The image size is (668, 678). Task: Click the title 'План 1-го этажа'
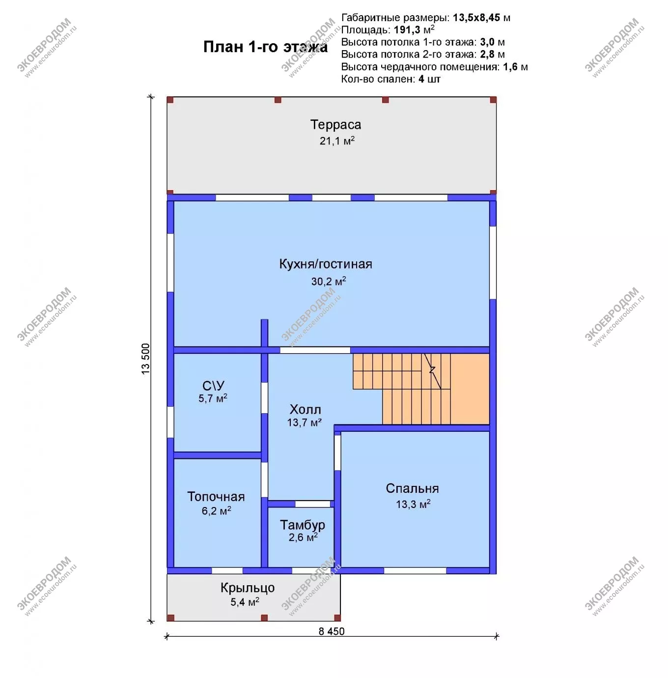(266, 47)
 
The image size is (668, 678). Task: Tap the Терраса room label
(335, 125)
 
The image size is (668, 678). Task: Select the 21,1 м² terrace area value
(337, 141)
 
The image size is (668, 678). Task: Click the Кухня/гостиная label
(326, 264)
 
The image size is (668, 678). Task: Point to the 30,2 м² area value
(329, 281)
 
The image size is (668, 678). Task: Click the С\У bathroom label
(213, 386)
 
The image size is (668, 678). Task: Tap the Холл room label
(306, 410)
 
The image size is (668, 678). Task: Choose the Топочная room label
(216, 496)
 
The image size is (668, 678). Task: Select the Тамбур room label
(303, 525)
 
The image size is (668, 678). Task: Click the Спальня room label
(412, 488)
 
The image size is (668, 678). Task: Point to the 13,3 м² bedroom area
(413, 504)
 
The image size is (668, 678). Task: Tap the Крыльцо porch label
(248, 588)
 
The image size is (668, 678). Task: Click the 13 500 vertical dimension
(145, 359)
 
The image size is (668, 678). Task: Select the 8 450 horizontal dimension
(332, 631)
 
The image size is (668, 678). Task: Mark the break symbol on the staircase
(432, 370)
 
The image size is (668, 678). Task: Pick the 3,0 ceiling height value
(487, 42)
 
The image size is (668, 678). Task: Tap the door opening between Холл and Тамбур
(312, 504)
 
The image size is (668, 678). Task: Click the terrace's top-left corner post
(170, 100)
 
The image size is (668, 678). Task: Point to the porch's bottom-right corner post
(337, 618)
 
